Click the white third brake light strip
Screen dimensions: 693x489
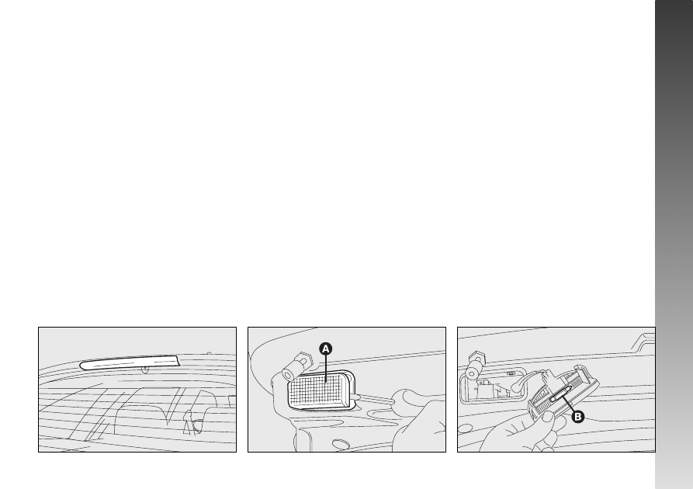coord(130,363)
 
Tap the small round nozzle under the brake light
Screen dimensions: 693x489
coord(145,370)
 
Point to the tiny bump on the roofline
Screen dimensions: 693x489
coord(209,353)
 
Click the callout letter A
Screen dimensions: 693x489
coord(326,349)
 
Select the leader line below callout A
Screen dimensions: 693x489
coord(326,368)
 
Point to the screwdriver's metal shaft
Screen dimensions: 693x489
coord(374,398)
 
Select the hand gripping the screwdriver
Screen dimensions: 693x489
coord(420,424)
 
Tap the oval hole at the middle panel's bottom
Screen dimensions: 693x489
coord(340,444)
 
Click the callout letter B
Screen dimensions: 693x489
coord(577,417)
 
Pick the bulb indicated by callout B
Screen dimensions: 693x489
coord(561,393)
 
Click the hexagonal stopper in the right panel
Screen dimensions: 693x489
coord(476,357)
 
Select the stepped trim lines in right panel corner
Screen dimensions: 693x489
coord(643,342)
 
